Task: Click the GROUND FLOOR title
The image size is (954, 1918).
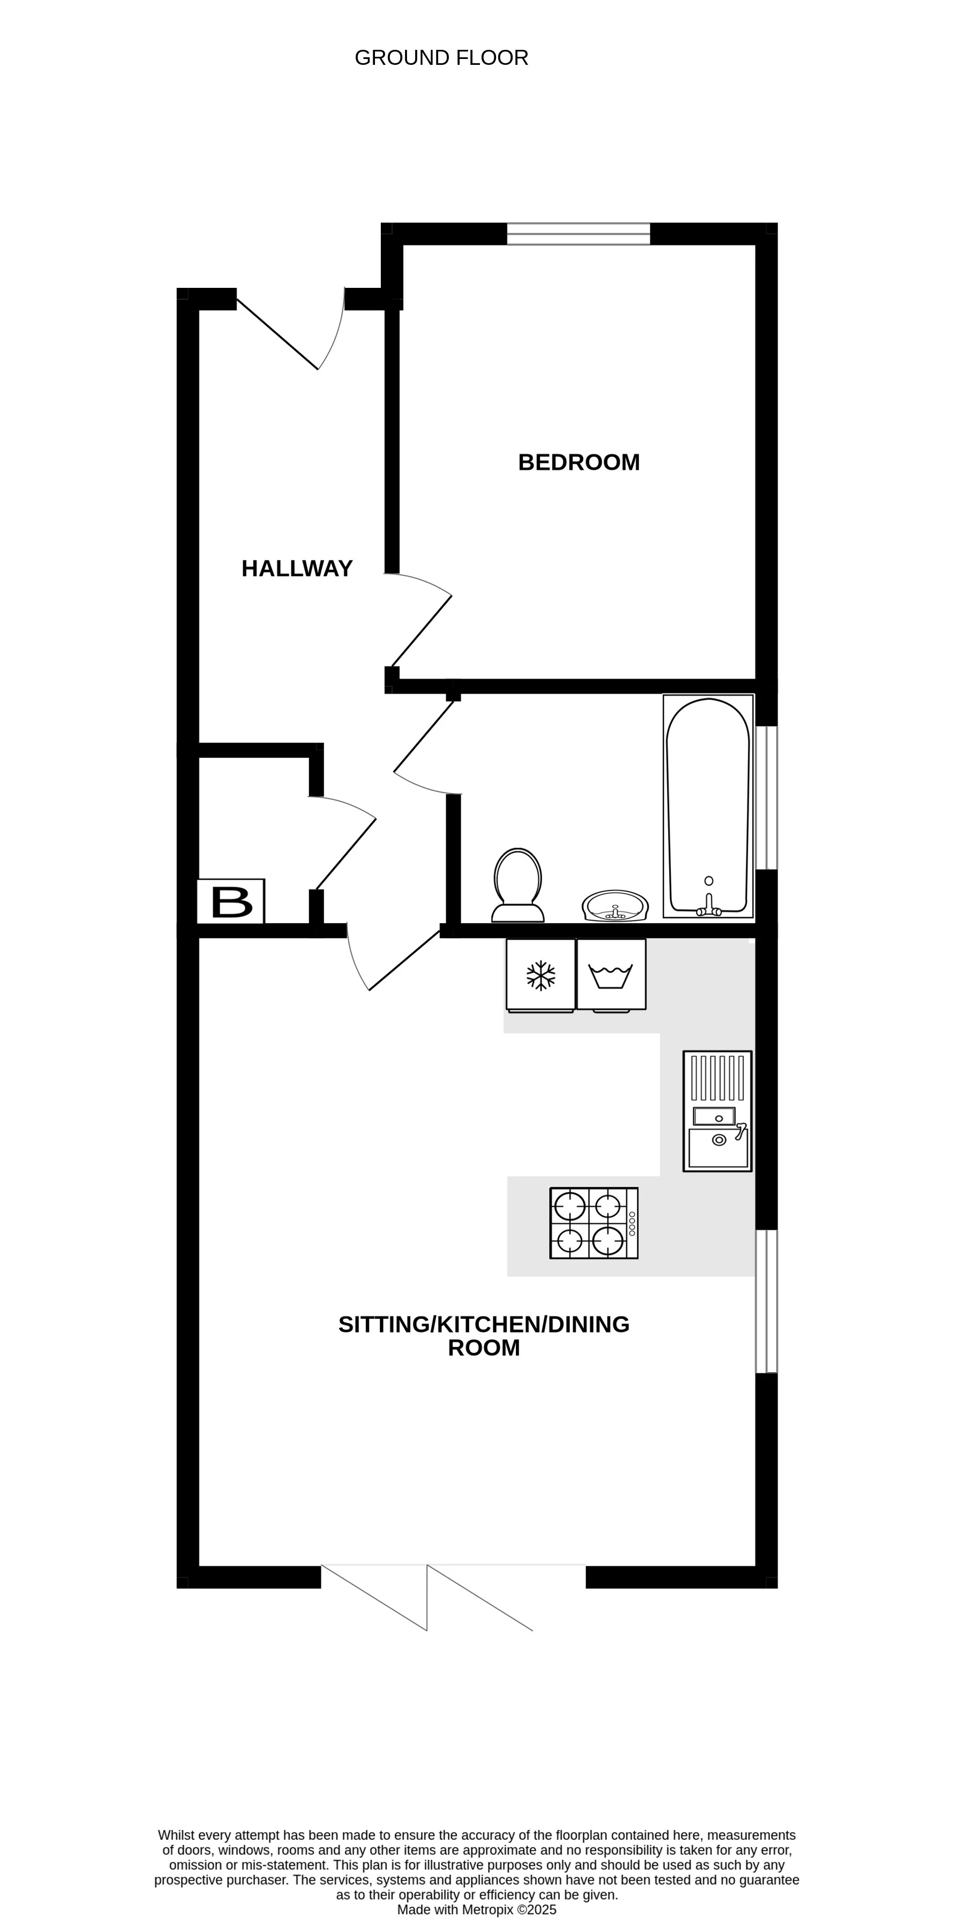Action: [441, 58]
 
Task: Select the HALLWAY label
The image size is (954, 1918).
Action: [297, 569]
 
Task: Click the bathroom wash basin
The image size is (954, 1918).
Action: [615, 906]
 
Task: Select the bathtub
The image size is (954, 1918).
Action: [708, 806]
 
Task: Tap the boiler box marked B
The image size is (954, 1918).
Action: [231, 902]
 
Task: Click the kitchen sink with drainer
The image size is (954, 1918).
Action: [717, 1111]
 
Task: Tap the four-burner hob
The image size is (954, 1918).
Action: [593, 1223]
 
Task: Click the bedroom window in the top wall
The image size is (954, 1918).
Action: [578, 234]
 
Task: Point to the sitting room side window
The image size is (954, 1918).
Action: [767, 1301]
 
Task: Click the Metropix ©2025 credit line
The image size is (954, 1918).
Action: [476, 1910]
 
